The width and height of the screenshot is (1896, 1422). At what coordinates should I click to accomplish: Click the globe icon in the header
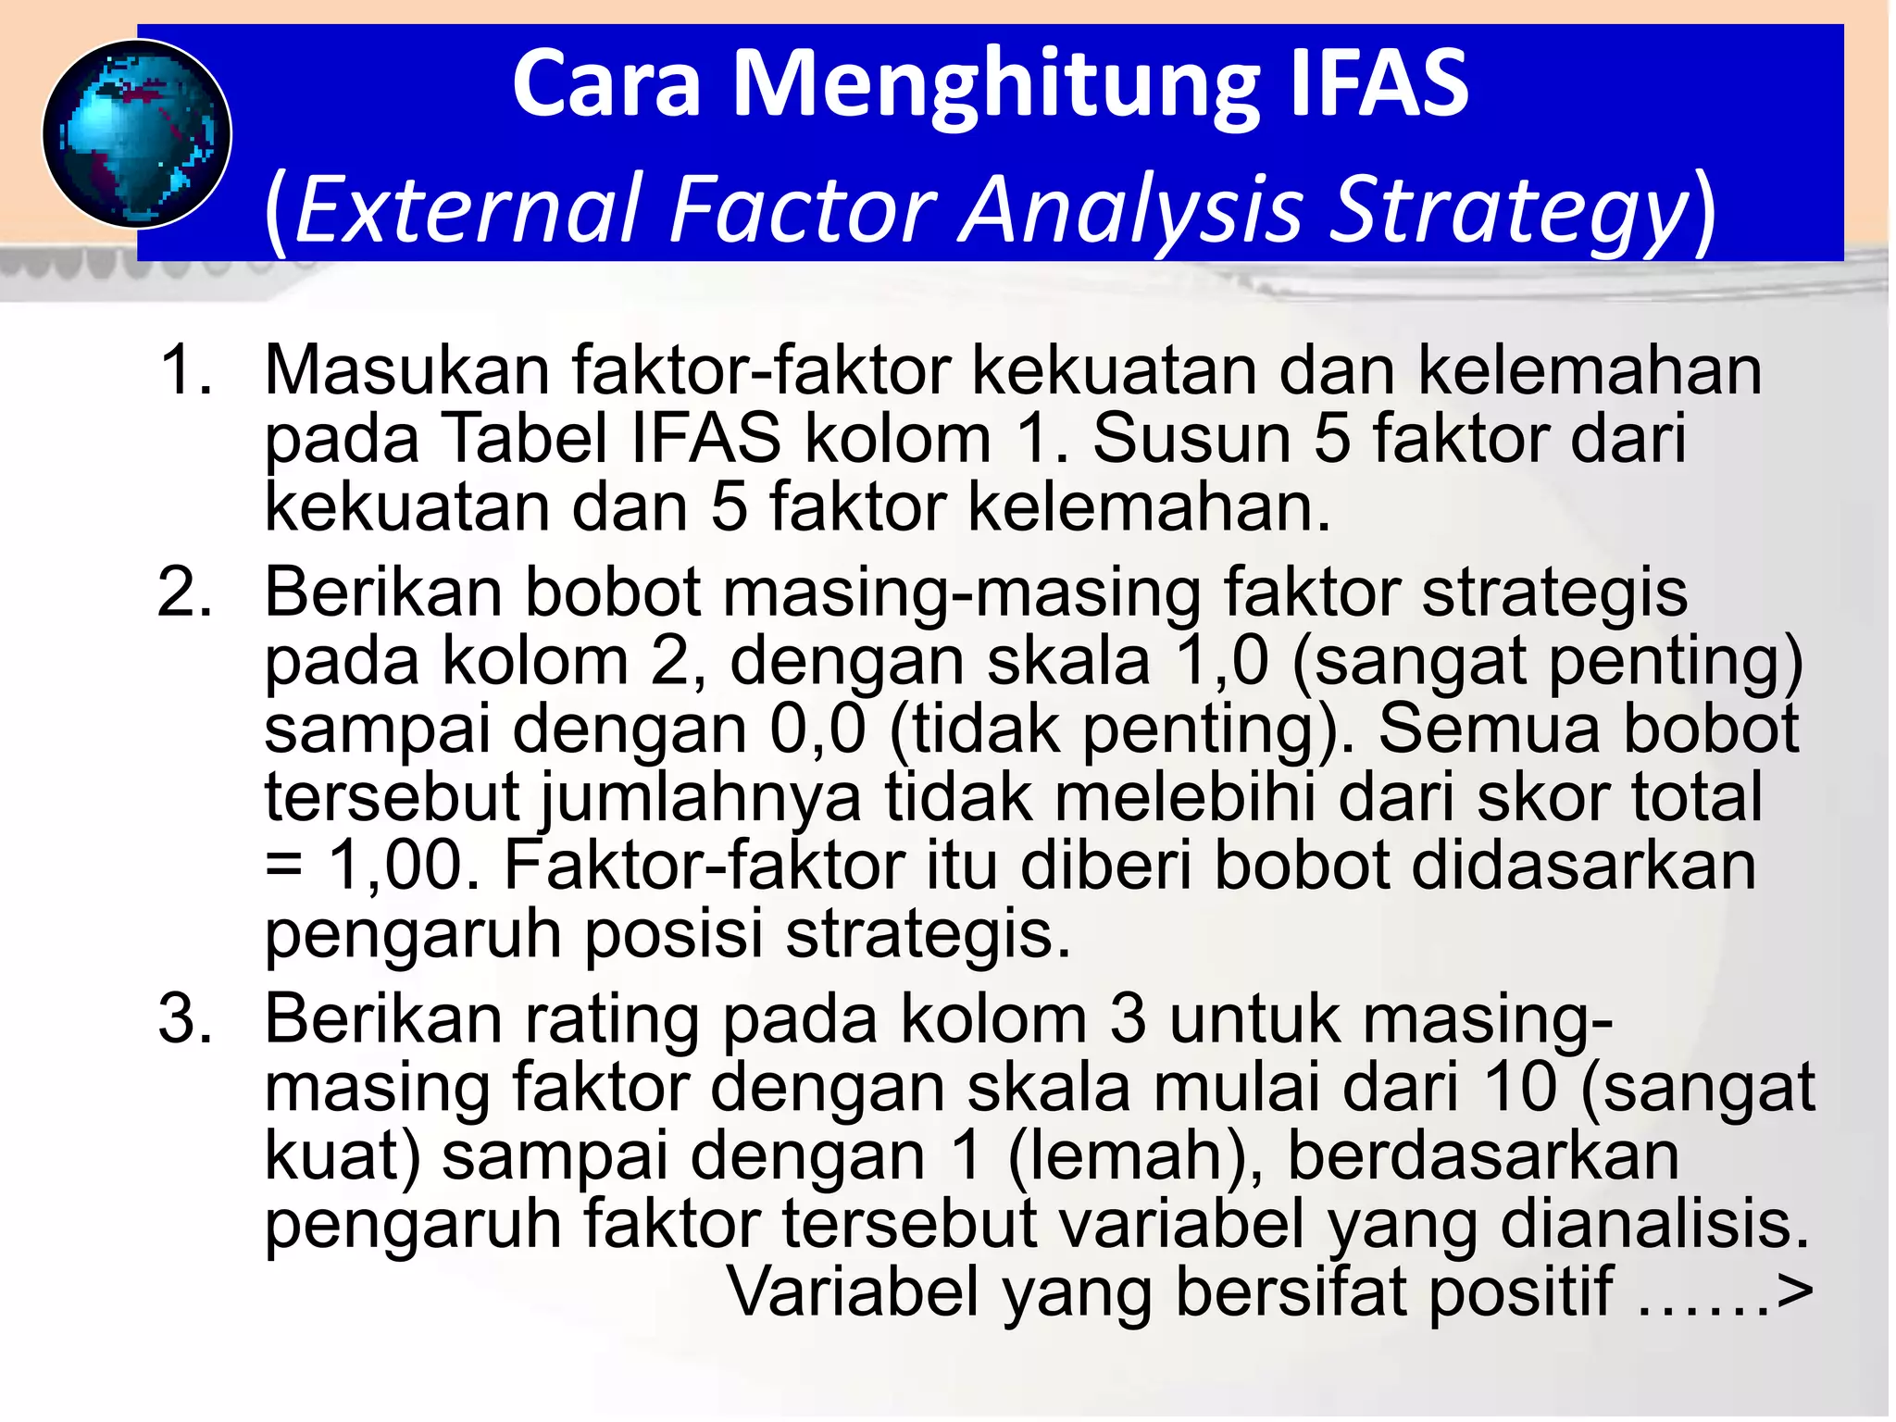pos(137,134)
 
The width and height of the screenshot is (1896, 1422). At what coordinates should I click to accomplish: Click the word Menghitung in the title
pos(996,85)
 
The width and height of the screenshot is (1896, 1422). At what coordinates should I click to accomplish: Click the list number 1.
pos(186,370)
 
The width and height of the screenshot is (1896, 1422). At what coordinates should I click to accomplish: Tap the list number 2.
pos(186,592)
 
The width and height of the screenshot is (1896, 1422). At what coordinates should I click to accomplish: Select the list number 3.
pos(186,1019)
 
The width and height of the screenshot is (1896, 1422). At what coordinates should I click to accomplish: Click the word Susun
pos(1191,438)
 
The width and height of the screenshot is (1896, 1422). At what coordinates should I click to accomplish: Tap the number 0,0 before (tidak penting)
pos(817,730)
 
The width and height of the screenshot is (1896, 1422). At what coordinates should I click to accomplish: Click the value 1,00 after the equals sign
pos(404,866)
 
